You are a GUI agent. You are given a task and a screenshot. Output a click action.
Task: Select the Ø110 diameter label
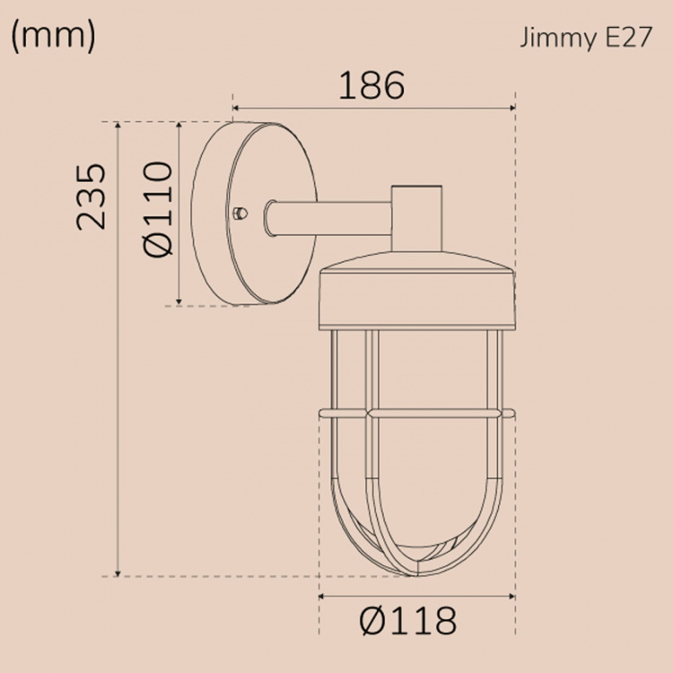(x=158, y=210)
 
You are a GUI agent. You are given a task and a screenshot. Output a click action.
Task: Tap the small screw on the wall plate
(x=239, y=213)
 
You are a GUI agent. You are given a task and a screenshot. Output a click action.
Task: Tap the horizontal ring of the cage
(x=418, y=414)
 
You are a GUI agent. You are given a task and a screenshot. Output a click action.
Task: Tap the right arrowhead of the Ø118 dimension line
(x=512, y=596)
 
